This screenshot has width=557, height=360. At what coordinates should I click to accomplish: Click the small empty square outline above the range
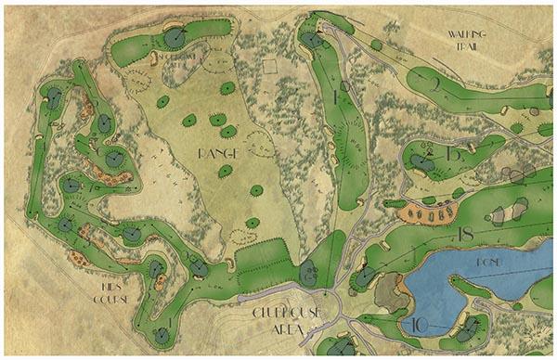coord(270,66)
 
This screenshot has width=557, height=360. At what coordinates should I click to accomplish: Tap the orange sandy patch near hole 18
coord(422,213)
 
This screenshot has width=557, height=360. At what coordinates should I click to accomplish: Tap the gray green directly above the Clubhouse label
coord(308,275)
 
